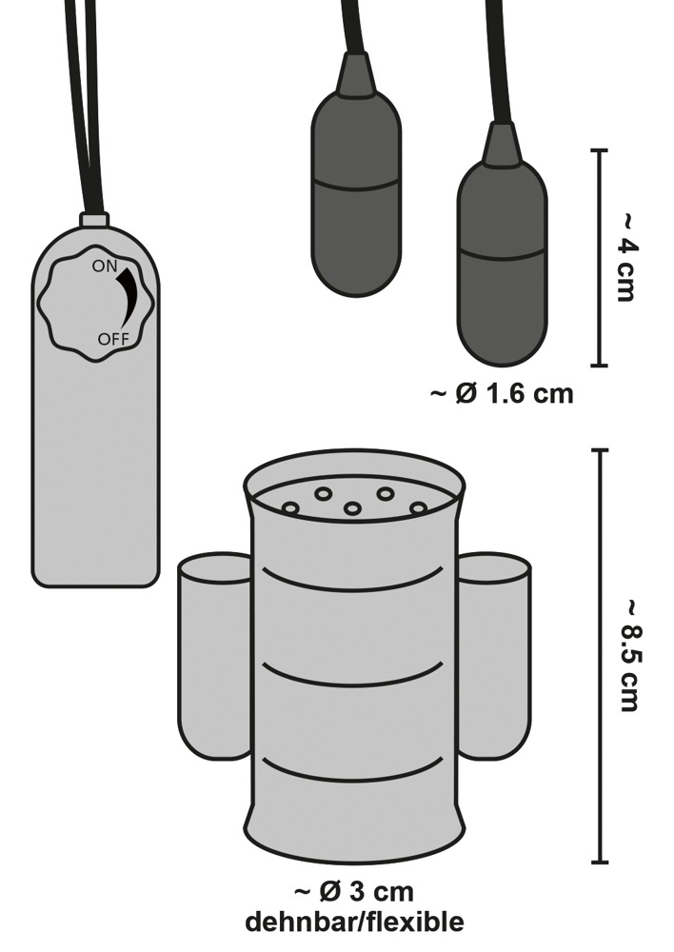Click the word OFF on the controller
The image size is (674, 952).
click(112, 339)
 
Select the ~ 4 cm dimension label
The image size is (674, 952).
click(624, 257)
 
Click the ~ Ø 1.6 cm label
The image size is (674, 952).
click(502, 392)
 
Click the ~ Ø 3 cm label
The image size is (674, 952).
click(353, 894)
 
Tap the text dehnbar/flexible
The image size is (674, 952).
click(354, 922)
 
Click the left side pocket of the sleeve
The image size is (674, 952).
click(214, 657)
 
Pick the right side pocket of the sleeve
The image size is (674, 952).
click(494, 657)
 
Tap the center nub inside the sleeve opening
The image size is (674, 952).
click(353, 508)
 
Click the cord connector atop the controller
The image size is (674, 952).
click(94, 220)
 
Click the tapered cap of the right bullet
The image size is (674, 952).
click(501, 142)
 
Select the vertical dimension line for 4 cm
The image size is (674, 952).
click(599, 257)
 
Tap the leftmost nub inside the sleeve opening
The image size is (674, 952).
click(290, 509)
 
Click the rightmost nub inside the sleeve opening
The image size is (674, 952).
click(418, 508)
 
